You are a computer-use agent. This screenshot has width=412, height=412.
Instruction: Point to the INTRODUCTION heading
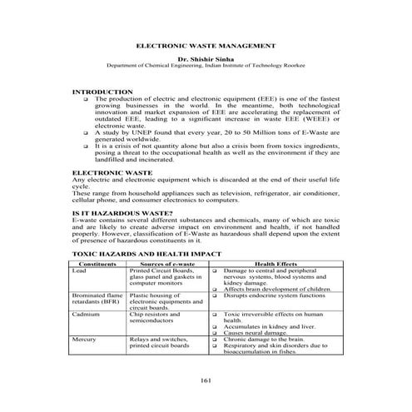tap(102, 91)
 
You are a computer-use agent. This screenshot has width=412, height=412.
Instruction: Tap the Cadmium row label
tap(86, 315)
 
